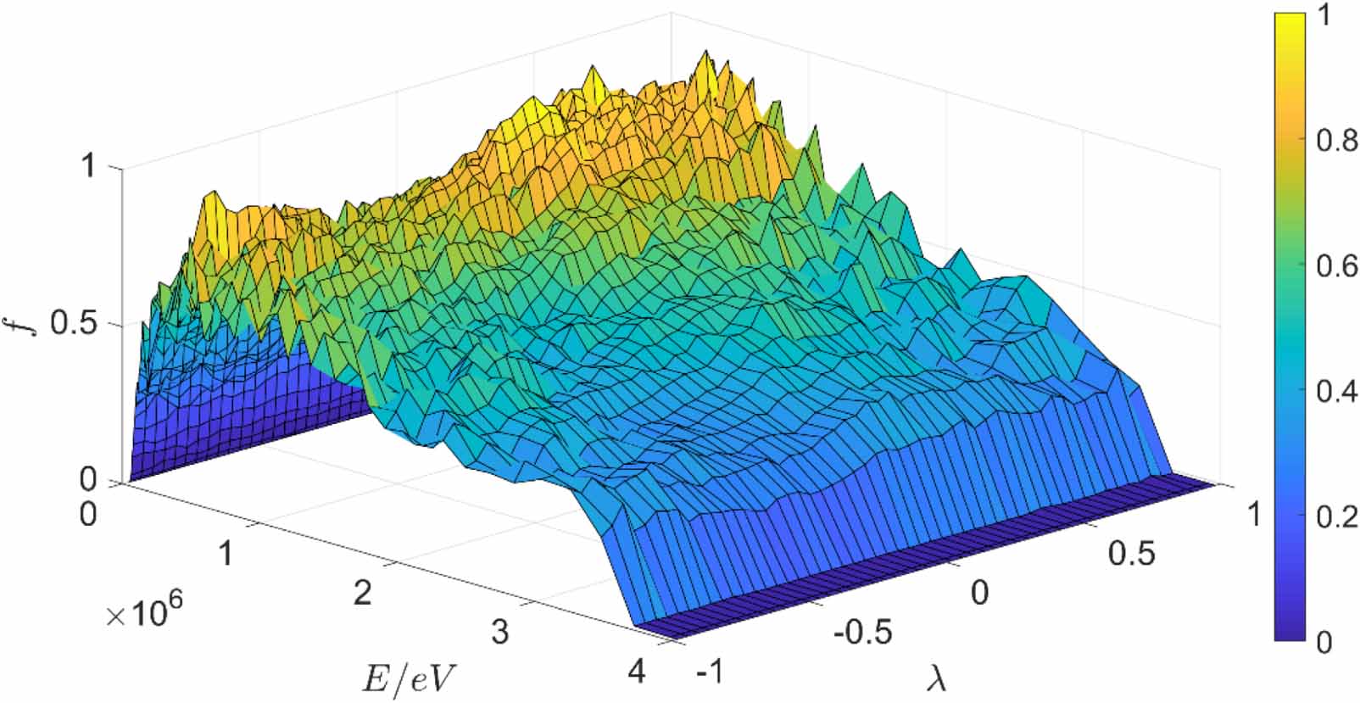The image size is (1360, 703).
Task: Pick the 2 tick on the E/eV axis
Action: (x=362, y=593)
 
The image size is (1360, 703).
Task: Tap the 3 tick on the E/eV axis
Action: (x=500, y=632)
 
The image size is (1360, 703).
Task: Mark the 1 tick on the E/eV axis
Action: (x=226, y=554)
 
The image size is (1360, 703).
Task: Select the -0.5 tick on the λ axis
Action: (x=862, y=633)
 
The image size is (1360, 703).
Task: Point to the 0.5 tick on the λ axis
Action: (x=1131, y=554)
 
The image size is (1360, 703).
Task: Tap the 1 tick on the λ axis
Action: (x=1254, y=515)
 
